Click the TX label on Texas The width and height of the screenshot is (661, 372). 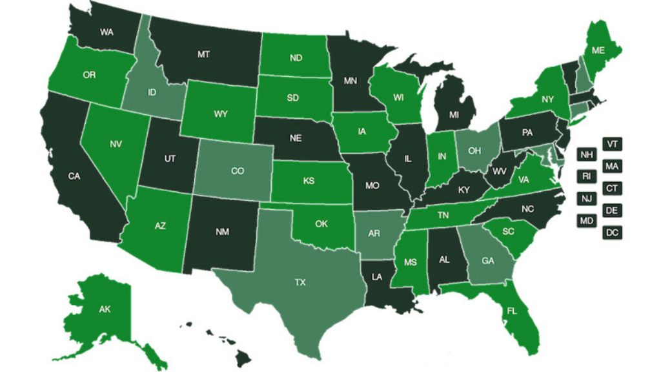300,283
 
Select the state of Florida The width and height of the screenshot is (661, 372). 512,311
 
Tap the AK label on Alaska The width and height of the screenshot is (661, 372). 105,309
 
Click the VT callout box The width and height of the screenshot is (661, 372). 612,144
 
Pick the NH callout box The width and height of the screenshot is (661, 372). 586,155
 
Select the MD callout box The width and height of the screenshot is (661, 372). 586,221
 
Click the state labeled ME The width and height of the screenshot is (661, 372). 598,50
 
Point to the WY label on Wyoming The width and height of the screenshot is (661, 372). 221,114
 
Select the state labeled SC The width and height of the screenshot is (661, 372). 508,231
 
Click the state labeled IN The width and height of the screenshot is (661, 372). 442,157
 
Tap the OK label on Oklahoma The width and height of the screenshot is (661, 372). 321,225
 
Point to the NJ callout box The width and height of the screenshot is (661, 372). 586,199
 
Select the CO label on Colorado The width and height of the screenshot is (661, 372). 237,172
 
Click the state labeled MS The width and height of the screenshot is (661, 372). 411,263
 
